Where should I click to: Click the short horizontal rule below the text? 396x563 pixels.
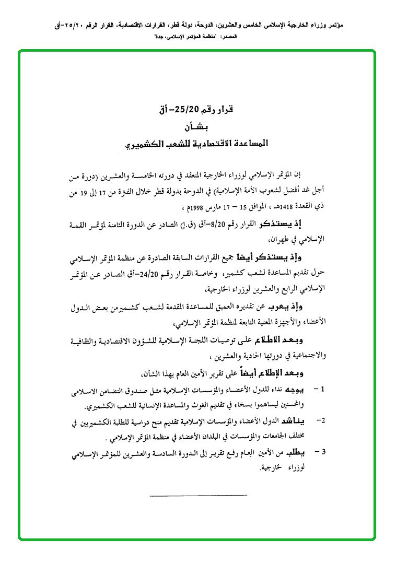pos(197,495)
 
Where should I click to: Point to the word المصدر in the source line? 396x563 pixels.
pos(228,37)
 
